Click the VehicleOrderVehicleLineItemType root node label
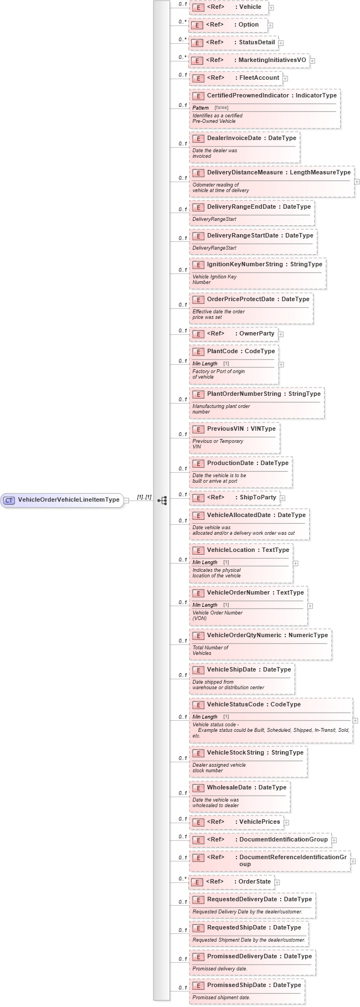[x=68, y=500]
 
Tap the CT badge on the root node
[x=9, y=500]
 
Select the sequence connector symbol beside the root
[x=162, y=500]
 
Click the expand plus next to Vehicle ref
[x=271, y=8]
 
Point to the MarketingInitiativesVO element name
[x=272, y=60]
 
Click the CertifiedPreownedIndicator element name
[x=248, y=96]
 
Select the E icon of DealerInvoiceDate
[x=198, y=138]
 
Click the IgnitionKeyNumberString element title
[x=244, y=265]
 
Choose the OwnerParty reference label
[x=256, y=334]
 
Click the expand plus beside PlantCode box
[x=281, y=365]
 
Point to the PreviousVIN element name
[x=225, y=429]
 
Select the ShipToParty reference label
[x=258, y=498]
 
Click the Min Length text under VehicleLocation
[x=205, y=562]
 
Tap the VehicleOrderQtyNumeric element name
[x=244, y=636]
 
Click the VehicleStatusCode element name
[x=235, y=705]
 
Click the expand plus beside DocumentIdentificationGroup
[x=335, y=840]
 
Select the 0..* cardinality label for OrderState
[x=182, y=879]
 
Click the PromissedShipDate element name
[x=236, y=985]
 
